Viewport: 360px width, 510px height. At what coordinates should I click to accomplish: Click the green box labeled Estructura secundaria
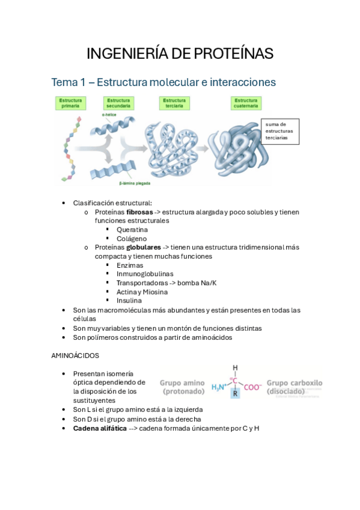click(x=118, y=103)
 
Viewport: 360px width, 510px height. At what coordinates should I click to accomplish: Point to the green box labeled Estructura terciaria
click(x=174, y=103)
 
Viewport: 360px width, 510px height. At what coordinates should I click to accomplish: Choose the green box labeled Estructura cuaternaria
click(x=246, y=103)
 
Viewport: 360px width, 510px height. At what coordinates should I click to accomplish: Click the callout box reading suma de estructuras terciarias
click(x=281, y=131)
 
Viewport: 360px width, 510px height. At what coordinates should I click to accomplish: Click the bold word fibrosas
click(x=139, y=212)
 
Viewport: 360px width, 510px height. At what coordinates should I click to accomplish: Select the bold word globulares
click(x=143, y=247)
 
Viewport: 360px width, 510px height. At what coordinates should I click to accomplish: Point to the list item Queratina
click(x=132, y=230)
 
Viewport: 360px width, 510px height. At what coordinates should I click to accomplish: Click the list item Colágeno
click(x=132, y=238)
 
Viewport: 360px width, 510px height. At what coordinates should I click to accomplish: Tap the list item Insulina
click(x=129, y=300)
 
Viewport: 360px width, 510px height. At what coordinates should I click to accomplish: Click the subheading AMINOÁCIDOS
click(x=75, y=355)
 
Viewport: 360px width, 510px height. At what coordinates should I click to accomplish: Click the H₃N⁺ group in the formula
click(x=218, y=387)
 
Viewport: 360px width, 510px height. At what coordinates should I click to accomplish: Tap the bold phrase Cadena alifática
click(x=100, y=428)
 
